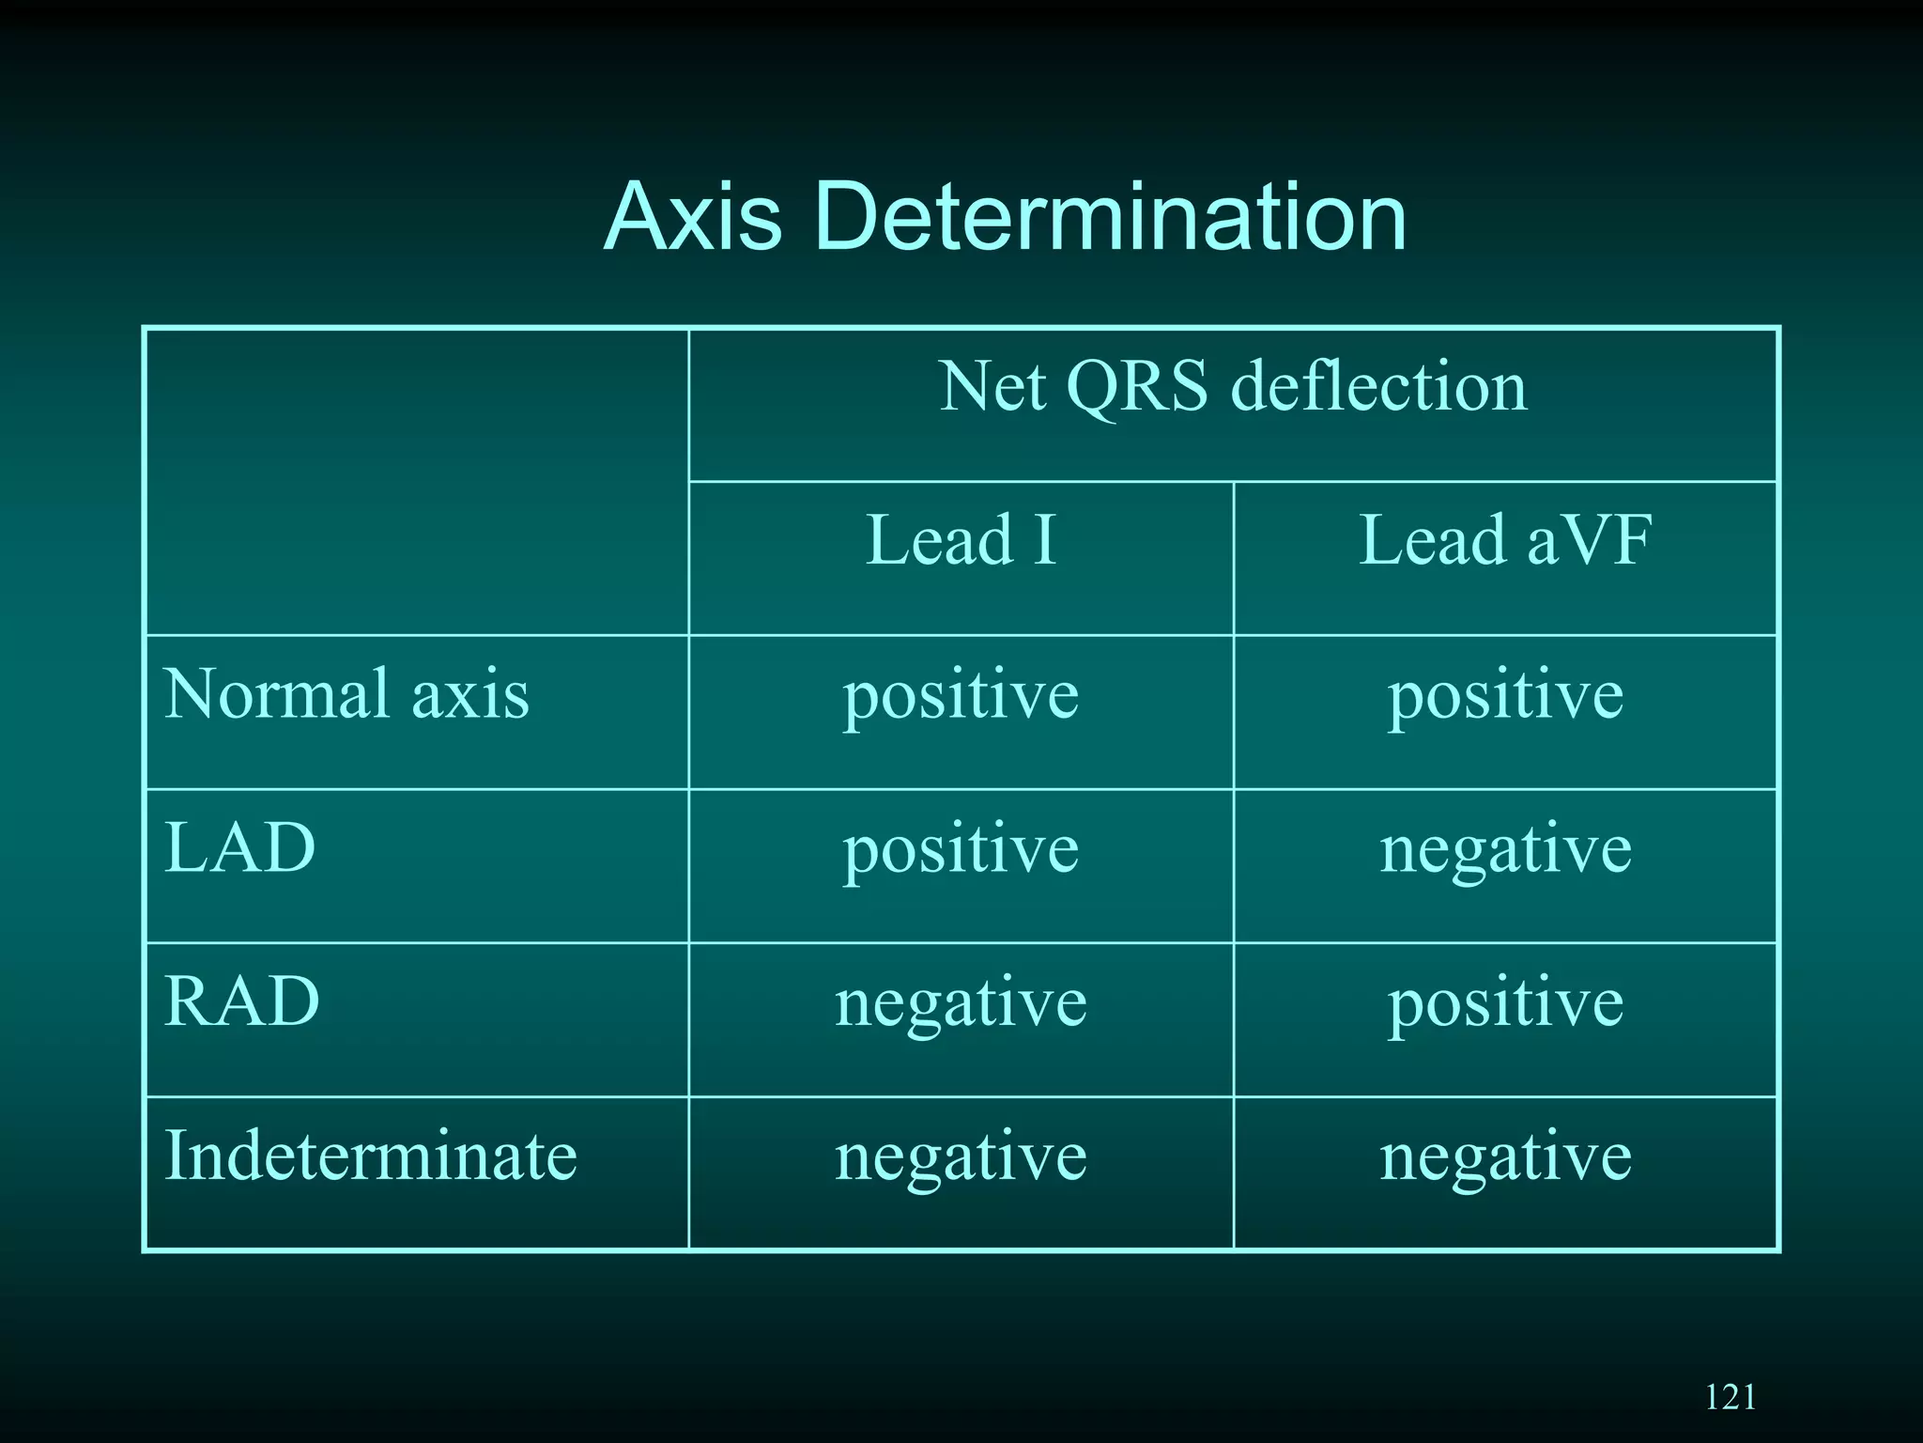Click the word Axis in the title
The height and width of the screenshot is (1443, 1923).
pyautogui.click(x=692, y=217)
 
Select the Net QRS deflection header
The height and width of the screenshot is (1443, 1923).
pyautogui.click(x=1233, y=387)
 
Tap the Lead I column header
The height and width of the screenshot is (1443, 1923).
pyautogui.click(x=961, y=541)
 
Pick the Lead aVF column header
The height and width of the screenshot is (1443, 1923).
pyautogui.click(x=1505, y=541)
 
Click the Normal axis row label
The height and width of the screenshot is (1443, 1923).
pyautogui.click(x=346, y=694)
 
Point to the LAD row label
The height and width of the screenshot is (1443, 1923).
pyautogui.click(x=239, y=848)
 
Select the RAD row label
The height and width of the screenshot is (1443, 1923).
pyautogui.click(x=241, y=1001)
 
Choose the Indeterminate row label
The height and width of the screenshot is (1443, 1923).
pyautogui.click(x=370, y=1156)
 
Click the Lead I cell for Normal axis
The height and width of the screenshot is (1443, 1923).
pyautogui.click(x=961, y=696)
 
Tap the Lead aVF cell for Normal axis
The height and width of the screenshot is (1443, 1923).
pyautogui.click(x=1505, y=696)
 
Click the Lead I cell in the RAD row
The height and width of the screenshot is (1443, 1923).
pyautogui.click(x=961, y=1003)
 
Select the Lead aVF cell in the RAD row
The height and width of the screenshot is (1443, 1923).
pyautogui.click(x=1505, y=1003)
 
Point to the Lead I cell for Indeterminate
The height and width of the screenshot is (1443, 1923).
pyautogui.click(x=961, y=1157)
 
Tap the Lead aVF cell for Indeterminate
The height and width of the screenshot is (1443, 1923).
pyautogui.click(x=1505, y=1157)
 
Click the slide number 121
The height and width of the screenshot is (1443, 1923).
pyautogui.click(x=1730, y=1397)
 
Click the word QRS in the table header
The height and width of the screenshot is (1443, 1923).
pyautogui.click(x=1137, y=388)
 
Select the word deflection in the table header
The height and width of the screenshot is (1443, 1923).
pyautogui.click(x=1378, y=387)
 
